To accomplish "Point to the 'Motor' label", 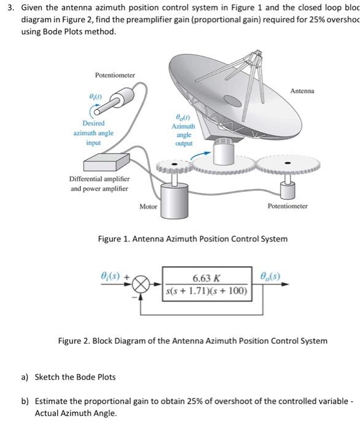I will (x=148, y=206).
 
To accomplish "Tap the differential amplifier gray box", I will (x=93, y=160).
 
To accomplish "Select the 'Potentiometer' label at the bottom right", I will (x=288, y=206).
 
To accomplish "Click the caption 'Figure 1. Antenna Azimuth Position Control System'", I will (x=192, y=238).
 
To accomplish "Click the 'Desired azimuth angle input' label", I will (x=93, y=133).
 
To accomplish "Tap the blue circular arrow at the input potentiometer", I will (x=98, y=109).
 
